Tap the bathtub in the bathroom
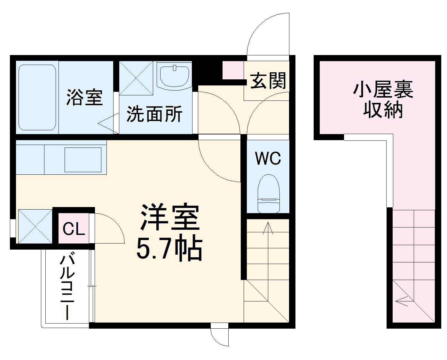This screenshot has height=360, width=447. (x=37, y=97)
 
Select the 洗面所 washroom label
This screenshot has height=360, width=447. (x=154, y=114)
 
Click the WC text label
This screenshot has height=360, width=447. (x=268, y=158)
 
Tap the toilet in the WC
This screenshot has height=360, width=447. (x=268, y=194)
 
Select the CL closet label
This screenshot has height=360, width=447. (x=74, y=228)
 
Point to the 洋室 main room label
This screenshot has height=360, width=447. (x=170, y=218)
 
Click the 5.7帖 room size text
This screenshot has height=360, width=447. (x=169, y=248)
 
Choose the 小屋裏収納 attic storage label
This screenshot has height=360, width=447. (x=383, y=100)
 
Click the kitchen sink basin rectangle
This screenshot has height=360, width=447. (x=83, y=159)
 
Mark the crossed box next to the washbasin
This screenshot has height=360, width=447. (x=137, y=78)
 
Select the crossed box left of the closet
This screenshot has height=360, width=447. (x=35, y=226)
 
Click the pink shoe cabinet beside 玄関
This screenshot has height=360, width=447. (x=233, y=70)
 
